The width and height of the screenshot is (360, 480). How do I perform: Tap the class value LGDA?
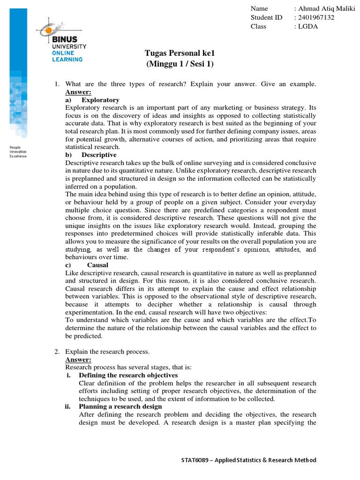(x=307, y=26)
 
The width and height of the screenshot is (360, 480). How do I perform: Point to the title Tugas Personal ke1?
(x=175, y=54)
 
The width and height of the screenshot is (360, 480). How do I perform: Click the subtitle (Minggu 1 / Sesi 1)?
(x=175, y=64)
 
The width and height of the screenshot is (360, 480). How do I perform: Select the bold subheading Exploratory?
(x=100, y=100)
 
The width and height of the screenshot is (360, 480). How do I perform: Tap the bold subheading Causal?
(x=97, y=265)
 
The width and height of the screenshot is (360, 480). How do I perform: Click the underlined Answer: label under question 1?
(x=78, y=92)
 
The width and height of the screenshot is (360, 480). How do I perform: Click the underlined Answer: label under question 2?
(x=78, y=359)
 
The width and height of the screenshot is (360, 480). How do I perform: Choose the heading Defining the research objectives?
(x=128, y=375)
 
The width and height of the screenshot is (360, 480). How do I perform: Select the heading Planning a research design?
(x=120, y=406)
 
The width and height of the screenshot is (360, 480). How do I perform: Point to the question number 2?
(x=56, y=351)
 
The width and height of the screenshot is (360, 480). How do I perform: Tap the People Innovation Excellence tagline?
(x=18, y=152)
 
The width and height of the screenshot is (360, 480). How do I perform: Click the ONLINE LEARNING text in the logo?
(x=67, y=56)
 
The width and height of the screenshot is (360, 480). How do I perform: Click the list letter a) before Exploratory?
(x=68, y=100)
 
